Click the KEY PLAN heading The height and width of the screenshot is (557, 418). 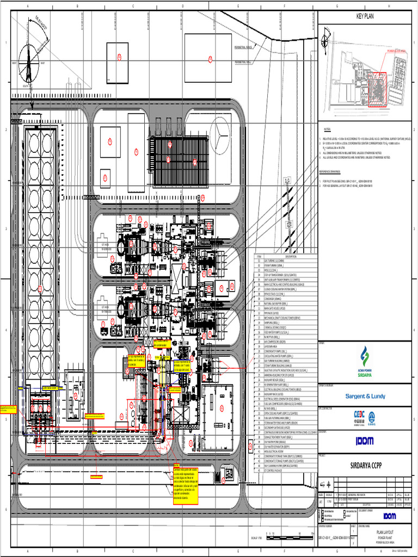pos(366,16)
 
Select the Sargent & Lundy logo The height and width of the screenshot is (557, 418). pos(366,396)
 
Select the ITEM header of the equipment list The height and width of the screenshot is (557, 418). pos(259,257)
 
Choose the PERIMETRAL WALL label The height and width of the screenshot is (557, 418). pos(243,63)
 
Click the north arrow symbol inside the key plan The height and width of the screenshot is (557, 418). pos(325,39)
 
